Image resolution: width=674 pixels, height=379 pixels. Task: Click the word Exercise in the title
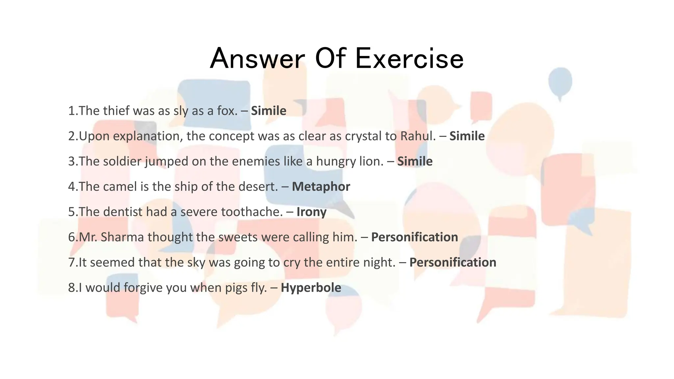[409, 59]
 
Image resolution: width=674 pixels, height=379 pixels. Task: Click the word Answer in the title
[257, 59]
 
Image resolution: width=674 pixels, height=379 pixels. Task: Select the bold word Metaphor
[321, 187]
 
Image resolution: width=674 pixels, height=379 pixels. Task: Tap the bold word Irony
[311, 212]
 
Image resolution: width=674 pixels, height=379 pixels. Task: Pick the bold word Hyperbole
[311, 288]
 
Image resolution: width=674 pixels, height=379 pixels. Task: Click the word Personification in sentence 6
[414, 237]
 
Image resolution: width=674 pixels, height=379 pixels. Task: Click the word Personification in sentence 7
[453, 262]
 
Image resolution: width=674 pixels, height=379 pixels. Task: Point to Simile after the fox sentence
[269, 111]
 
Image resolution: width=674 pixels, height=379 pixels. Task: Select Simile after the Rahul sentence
[467, 136]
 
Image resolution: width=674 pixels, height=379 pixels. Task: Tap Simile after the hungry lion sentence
[415, 161]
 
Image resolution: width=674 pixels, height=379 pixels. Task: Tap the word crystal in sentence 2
[364, 136]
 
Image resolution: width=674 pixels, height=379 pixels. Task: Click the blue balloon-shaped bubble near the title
[560, 81]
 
